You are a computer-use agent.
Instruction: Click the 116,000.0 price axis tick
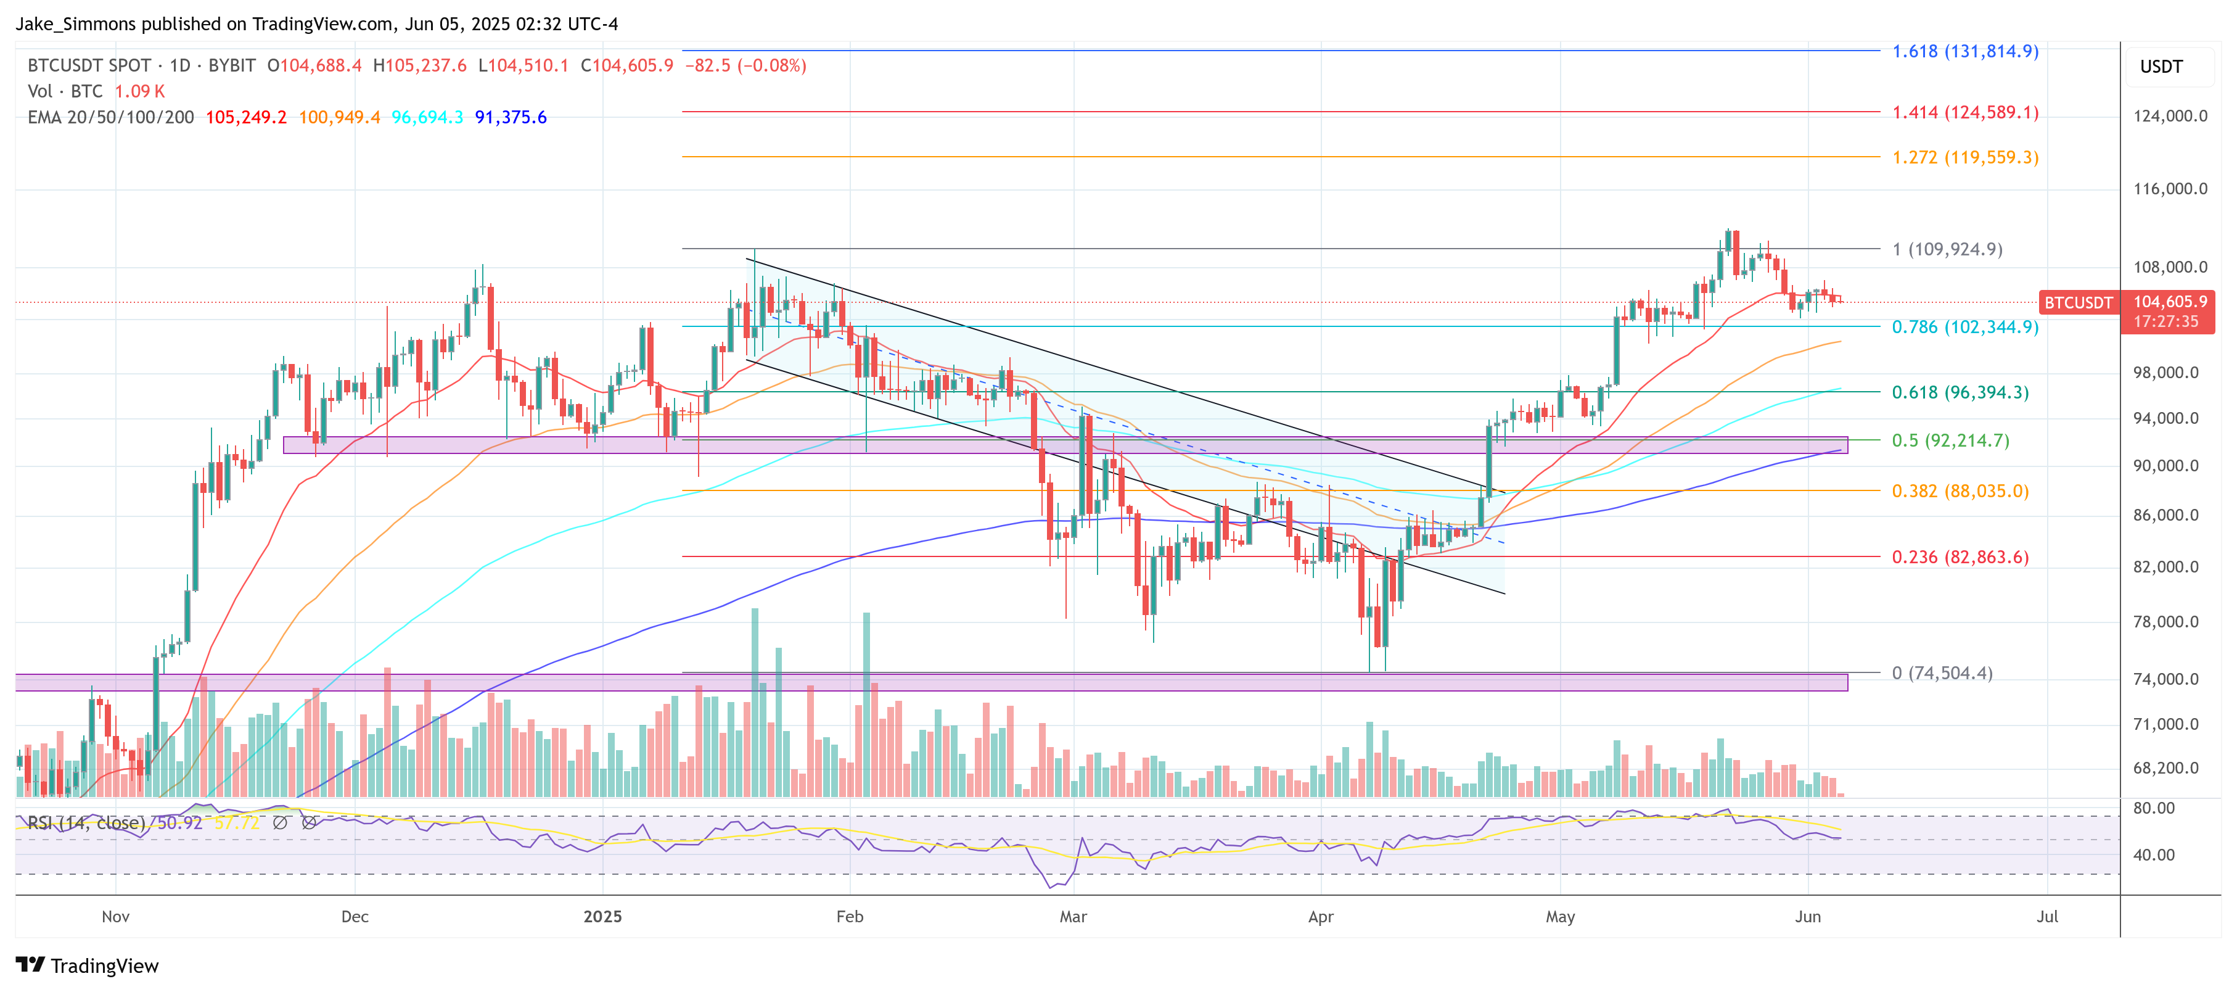[x=2169, y=189]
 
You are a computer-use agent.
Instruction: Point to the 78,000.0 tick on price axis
[x=2169, y=622]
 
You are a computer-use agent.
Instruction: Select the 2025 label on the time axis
[x=602, y=916]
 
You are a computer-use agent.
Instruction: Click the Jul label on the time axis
[x=2047, y=916]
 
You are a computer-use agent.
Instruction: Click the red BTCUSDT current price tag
[x=2077, y=302]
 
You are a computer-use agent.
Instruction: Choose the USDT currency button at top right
[x=2161, y=67]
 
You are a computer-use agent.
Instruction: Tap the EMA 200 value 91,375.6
[x=511, y=117]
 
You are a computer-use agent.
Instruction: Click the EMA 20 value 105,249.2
[x=246, y=117]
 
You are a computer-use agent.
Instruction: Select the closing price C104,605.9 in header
[x=627, y=65]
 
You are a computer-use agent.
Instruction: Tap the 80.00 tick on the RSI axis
[x=2154, y=808]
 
